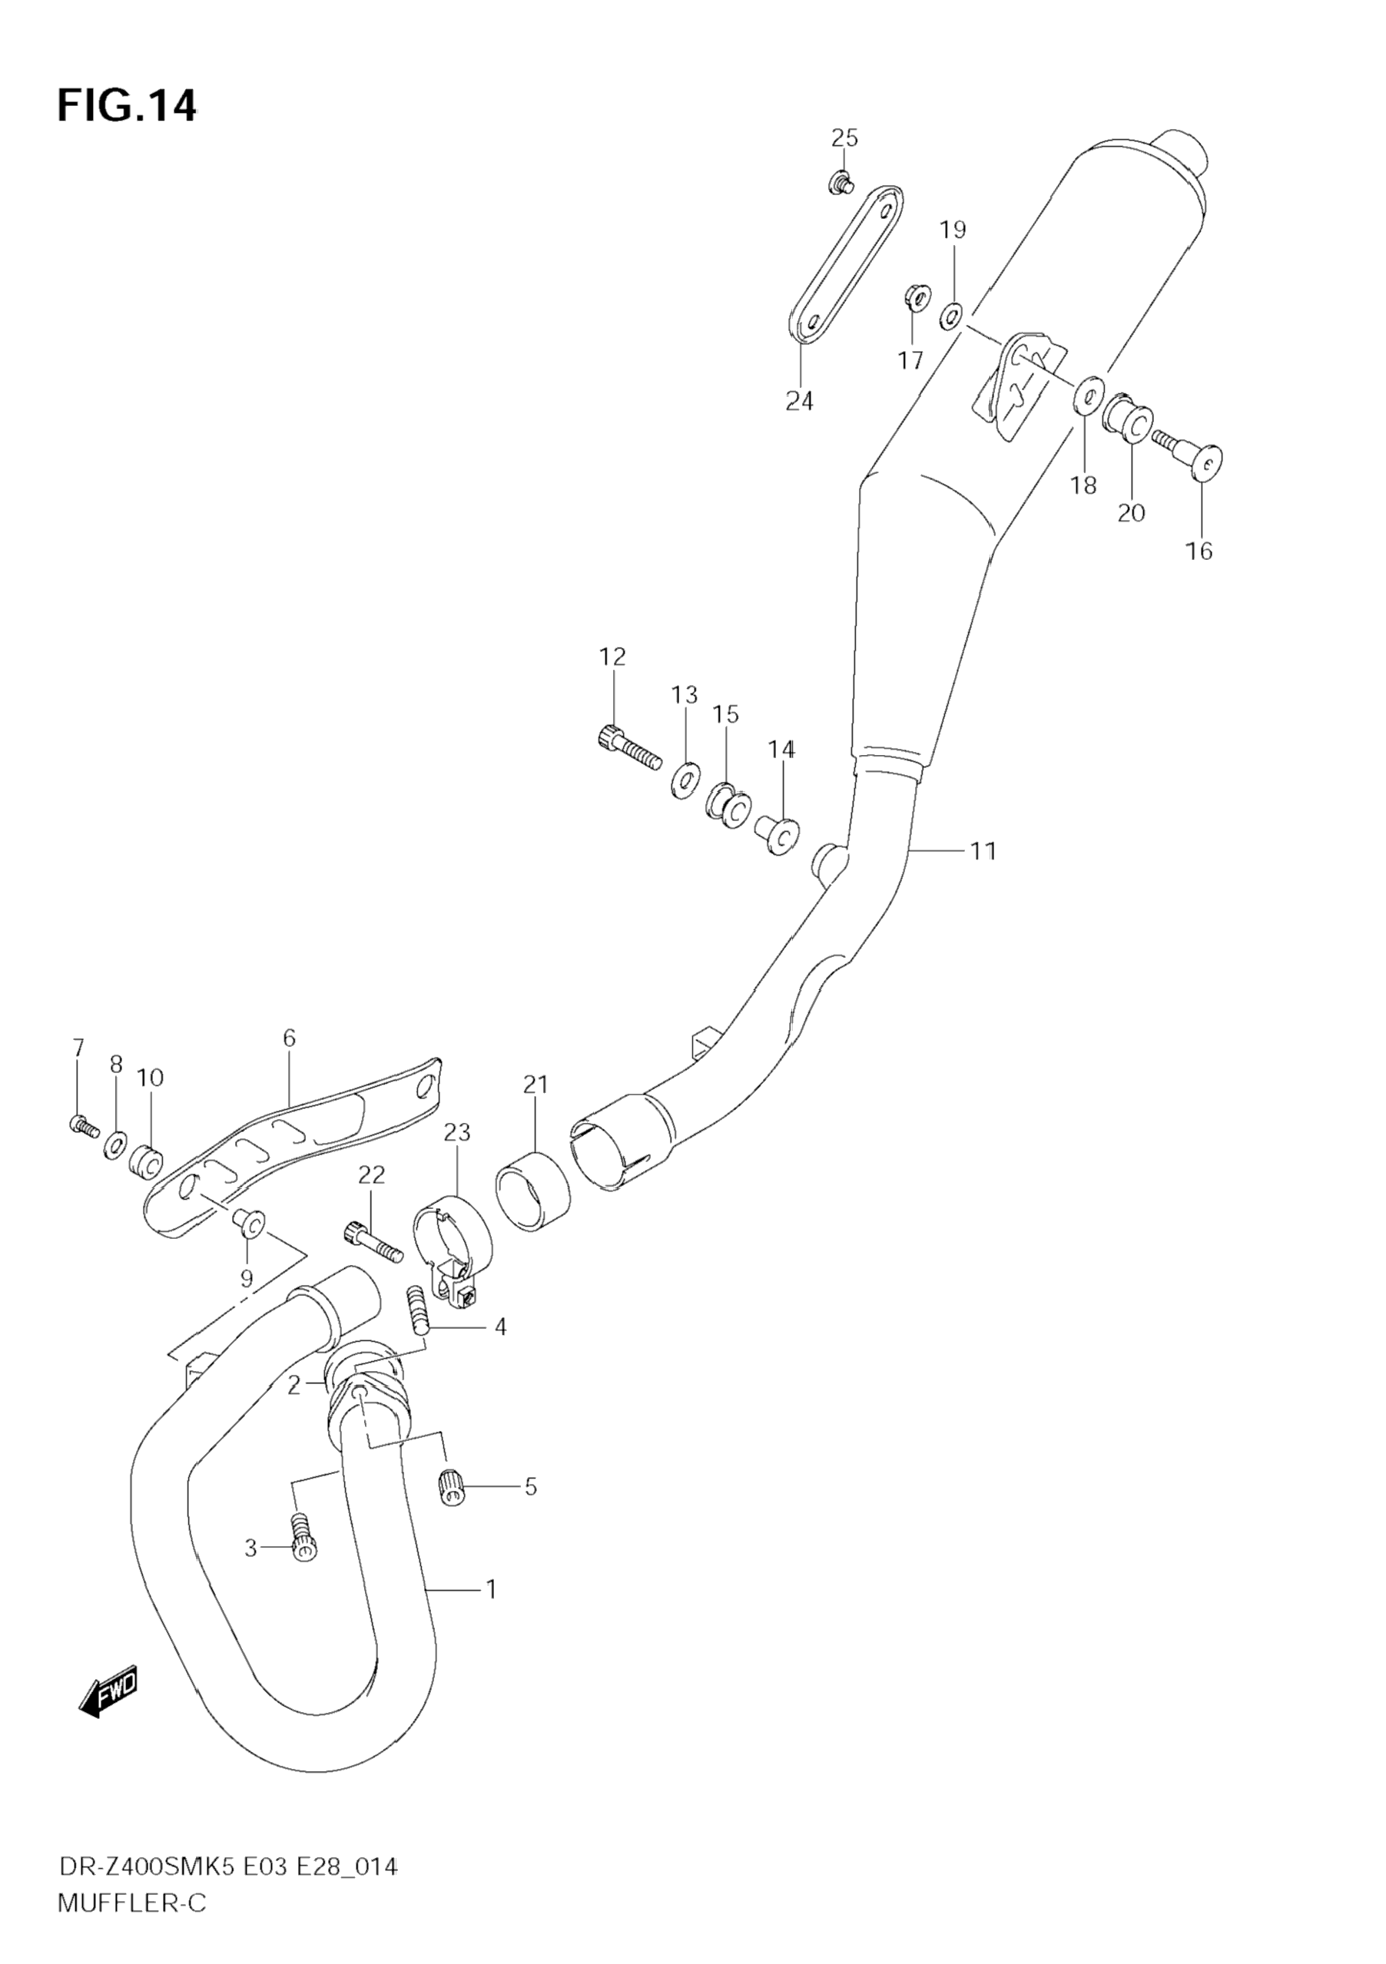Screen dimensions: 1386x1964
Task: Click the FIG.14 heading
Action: click(127, 106)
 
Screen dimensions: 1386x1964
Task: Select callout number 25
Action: click(844, 137)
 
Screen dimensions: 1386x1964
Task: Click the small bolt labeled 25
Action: click(842, 182)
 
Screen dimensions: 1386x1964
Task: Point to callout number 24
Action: click(799, 400)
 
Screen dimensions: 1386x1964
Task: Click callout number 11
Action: click(983, 851)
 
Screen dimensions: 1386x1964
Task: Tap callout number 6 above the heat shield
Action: click(289, 1038)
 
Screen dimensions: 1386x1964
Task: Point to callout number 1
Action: click(491, 1589)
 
